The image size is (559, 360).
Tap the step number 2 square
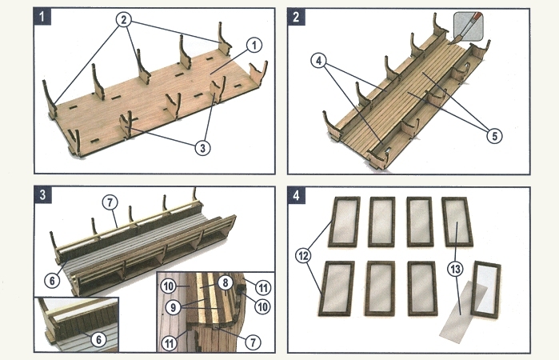coord(297,14)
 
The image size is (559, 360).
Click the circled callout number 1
coord(253,45)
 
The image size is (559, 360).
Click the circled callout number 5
coord(495,136)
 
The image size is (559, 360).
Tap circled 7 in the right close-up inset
coord(254,342)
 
